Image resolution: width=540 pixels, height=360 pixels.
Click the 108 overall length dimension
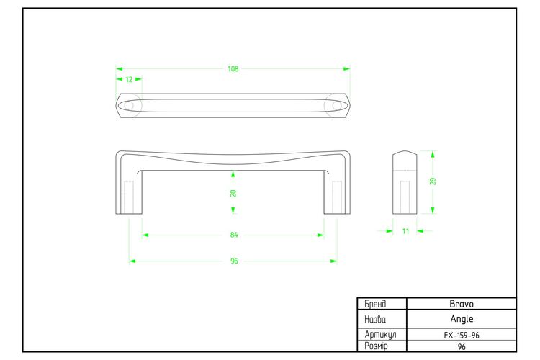pos(233,69)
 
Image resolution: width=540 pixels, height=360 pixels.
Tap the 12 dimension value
pos(129,80)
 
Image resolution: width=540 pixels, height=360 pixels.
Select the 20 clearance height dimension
pos(233,193)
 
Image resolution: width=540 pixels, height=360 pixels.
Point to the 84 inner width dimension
pos(234,235)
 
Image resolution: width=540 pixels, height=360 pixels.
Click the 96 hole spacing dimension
pos(234,261)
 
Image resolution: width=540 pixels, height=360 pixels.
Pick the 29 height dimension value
pos(433,181)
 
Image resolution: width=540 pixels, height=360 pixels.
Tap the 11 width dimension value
pos(405,231)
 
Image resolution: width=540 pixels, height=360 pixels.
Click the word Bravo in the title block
pos(462,304)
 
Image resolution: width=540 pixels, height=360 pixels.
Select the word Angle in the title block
pos(462,319)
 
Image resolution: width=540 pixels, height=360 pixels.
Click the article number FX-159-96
pos(462,336)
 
